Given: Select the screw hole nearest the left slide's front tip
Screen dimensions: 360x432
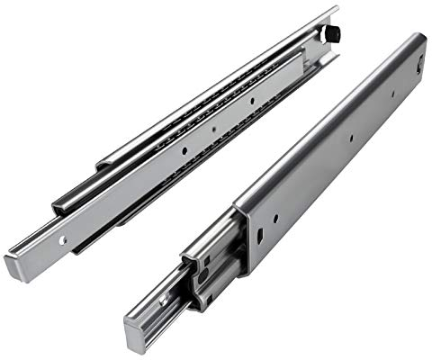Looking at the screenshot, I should tap(62, 240).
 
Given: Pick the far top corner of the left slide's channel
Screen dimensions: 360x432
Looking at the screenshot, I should tap(335, 11).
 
